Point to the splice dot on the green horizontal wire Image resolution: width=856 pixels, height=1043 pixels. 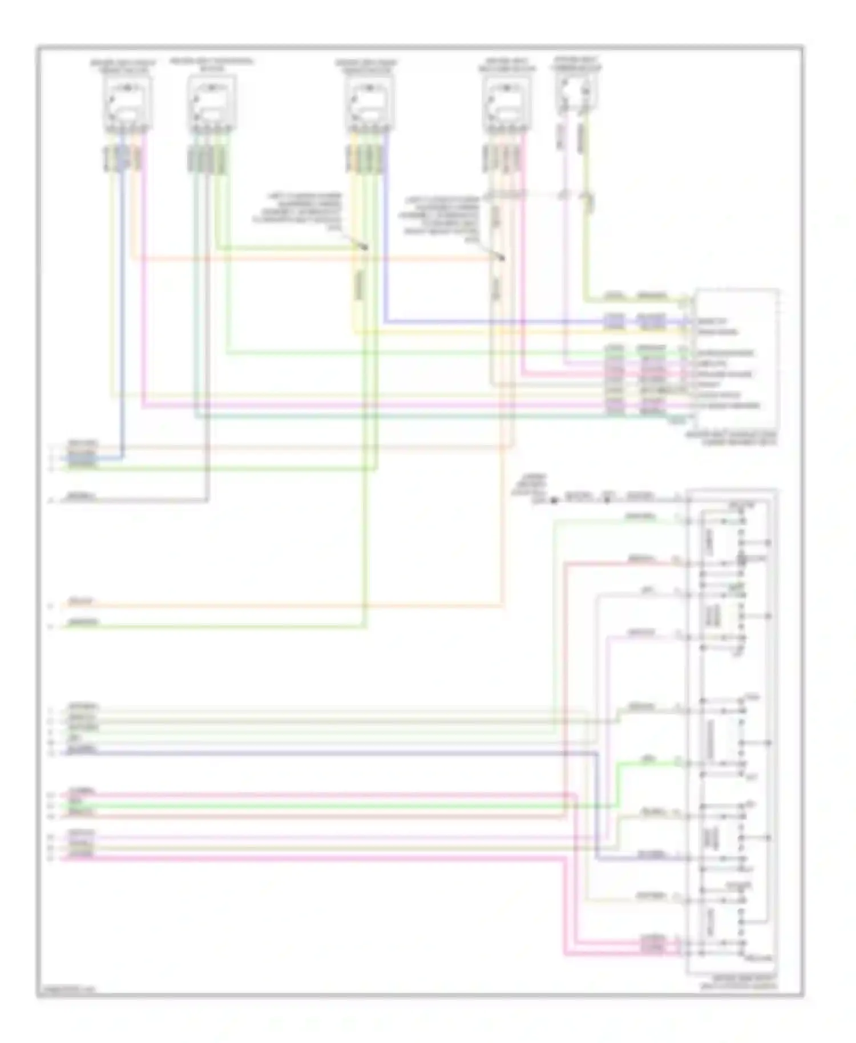[x=365, y=248]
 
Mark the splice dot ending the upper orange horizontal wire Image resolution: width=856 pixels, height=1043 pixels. [x=503, y=258]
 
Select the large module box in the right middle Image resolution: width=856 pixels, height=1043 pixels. [x=735, y=359]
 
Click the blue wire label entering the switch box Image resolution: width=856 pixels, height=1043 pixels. [x=651, y=855]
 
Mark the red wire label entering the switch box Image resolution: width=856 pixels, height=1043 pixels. [x=640, y=559]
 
